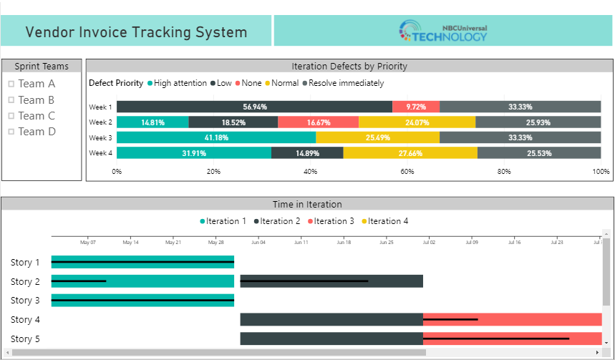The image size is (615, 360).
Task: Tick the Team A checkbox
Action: tap(11, 84)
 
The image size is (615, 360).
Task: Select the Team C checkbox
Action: tap(11, 116)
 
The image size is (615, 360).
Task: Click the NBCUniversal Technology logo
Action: tap(443, 31)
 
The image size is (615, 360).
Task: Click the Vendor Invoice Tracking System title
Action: tap(136, 32)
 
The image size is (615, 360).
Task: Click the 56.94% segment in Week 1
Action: tap(254, 107)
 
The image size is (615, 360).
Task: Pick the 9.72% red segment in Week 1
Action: tap(416, 107)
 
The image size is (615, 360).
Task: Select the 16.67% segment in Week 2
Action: tap(318, 122)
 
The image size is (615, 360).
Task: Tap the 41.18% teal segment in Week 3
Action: tap(216, 137)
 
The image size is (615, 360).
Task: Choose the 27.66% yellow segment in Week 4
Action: tap(410, 153)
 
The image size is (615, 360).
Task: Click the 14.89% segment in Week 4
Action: tap(307, 153)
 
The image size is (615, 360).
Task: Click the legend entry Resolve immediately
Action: tap(345, 83)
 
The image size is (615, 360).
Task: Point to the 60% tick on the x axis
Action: tap(407, 172)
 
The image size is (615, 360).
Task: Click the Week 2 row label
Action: tap(100, 122)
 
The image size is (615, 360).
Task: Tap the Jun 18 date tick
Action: tap(344, 243)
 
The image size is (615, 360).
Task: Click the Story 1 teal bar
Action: tap(142, 263)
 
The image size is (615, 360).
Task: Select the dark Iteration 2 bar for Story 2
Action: tap(331, 281)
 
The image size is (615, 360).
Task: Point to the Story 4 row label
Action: tap(26, 319)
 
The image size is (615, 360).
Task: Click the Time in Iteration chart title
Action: tap(307, 205)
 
